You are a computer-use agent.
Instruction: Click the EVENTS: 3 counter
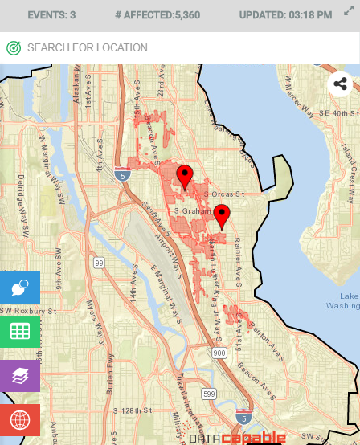[x=51, y=15]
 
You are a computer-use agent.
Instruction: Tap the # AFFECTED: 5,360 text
[x=157, y=15]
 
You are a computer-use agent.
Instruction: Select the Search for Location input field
[x=177, y=48]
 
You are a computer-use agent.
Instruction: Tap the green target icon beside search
[x=14, y=48]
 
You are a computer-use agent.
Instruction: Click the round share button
[x=340, y=84]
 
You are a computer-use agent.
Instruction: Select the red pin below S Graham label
[x=222, y=215]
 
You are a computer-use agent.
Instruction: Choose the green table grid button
[x=20, y=331]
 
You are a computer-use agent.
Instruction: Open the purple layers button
[x=20, y=375]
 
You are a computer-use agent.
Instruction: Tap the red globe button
[x=20, y=419]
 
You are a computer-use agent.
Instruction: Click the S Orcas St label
[x=223, y=195]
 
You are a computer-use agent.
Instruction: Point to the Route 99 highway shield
[x=99, y=263]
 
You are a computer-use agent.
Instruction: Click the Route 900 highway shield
[x=219, y=353]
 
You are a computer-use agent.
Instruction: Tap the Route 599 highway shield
[x=209, y=394]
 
